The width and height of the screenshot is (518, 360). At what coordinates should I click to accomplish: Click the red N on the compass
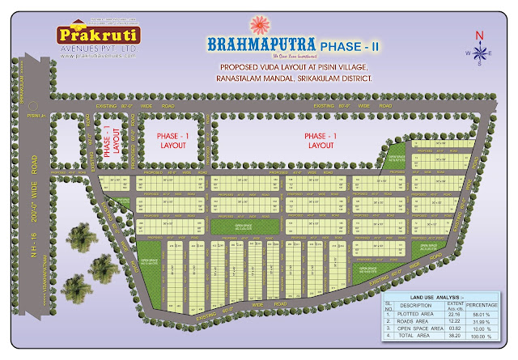[x=479, y=35]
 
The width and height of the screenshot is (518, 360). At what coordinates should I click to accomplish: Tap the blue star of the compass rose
[x=478, y=53]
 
